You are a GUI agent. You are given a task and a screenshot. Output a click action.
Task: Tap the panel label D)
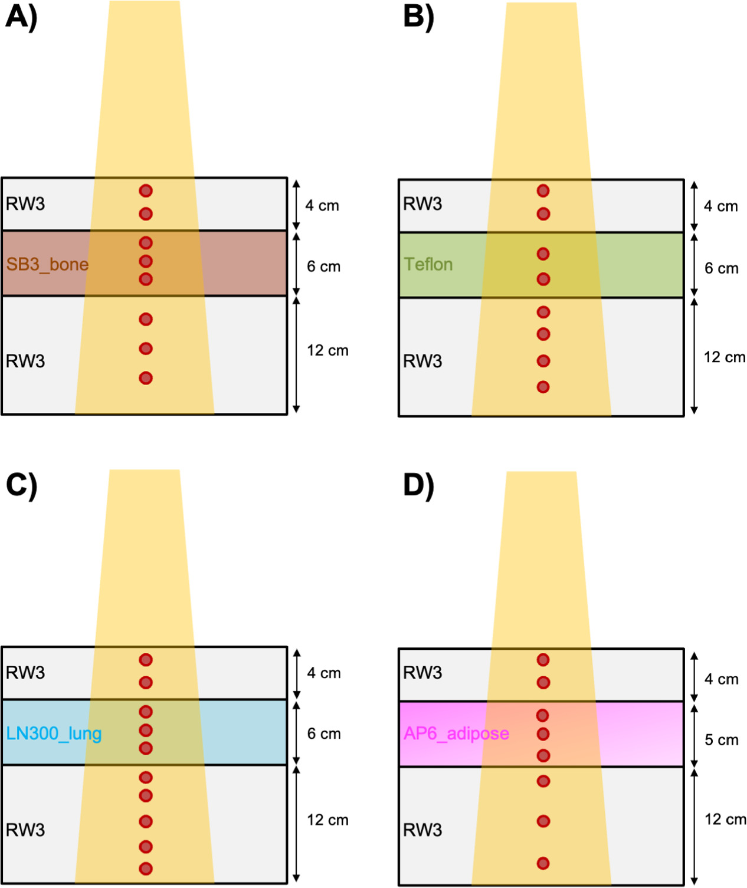(x=418, y=485)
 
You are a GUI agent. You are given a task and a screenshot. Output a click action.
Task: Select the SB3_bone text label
(x=47, y=264)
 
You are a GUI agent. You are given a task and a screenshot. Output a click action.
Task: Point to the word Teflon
(x=428, y=264)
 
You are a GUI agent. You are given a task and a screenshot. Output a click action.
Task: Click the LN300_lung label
(x=54, y=734)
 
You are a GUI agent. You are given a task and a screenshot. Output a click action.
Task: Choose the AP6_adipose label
(x=456, y=734)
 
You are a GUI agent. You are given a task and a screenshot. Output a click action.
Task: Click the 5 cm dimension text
(x=721, y=740)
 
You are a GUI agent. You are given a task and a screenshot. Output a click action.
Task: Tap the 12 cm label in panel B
(x=724, y=357)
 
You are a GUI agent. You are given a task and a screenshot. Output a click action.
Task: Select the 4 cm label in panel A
(x=322, y=206)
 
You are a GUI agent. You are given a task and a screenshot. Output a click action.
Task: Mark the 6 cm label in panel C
(x=324, y=734)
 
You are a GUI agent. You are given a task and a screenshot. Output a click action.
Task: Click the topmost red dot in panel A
(x=146, y=190)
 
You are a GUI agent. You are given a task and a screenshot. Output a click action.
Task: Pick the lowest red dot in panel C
(x=146, y=869)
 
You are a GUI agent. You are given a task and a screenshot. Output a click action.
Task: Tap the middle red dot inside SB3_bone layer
(x=146, y=261)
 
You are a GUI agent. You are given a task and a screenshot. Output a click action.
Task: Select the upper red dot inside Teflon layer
(x=543, y=254)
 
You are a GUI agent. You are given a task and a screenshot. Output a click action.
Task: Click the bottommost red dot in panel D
(x=543, y=863)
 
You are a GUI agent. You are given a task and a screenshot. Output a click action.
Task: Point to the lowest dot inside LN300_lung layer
(x=146, y=748)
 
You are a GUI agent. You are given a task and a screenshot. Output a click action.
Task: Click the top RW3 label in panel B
(x=422, y=204)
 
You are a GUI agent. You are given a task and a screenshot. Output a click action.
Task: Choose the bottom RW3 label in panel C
(x=25, y=830)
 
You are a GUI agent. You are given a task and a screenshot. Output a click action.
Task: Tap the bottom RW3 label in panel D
(x=422, y=830)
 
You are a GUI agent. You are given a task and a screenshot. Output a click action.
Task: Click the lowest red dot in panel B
(x=543, y=387)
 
